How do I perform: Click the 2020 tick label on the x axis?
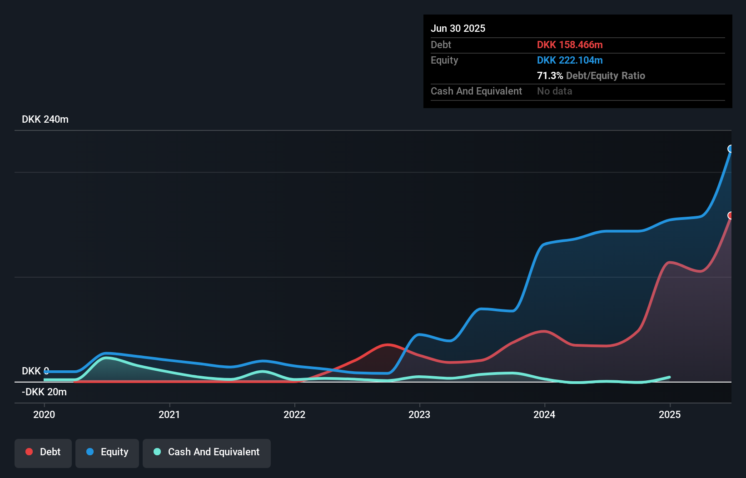[x=44, y=414]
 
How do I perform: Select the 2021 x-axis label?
[x=169, y=414]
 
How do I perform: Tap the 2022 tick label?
[x=294, y=414]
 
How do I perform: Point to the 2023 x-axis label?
[x=419, y=414]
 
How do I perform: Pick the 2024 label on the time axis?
[x=544, y=414]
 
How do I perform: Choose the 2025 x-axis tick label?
[x=670, y=414]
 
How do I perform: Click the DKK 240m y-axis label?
[x=45, y=119]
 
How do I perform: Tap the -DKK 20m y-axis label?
[x=44, y=392]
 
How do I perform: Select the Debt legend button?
[x=43, y=452]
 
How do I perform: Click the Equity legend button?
[x=107, y=452]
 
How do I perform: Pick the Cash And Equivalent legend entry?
[x=207, y=452]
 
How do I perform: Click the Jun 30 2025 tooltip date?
[x=458, y=28]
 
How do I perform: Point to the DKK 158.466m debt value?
[x=570, y=45]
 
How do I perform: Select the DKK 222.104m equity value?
[x=570, y=60]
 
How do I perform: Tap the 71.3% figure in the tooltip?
[x=550, y=75]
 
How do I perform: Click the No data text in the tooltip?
[x=554, y=91]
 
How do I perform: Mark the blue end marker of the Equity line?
[x=731, y=149]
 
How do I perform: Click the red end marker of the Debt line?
[x=731, y=215]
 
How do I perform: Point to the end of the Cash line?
[x=669, y=377]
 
